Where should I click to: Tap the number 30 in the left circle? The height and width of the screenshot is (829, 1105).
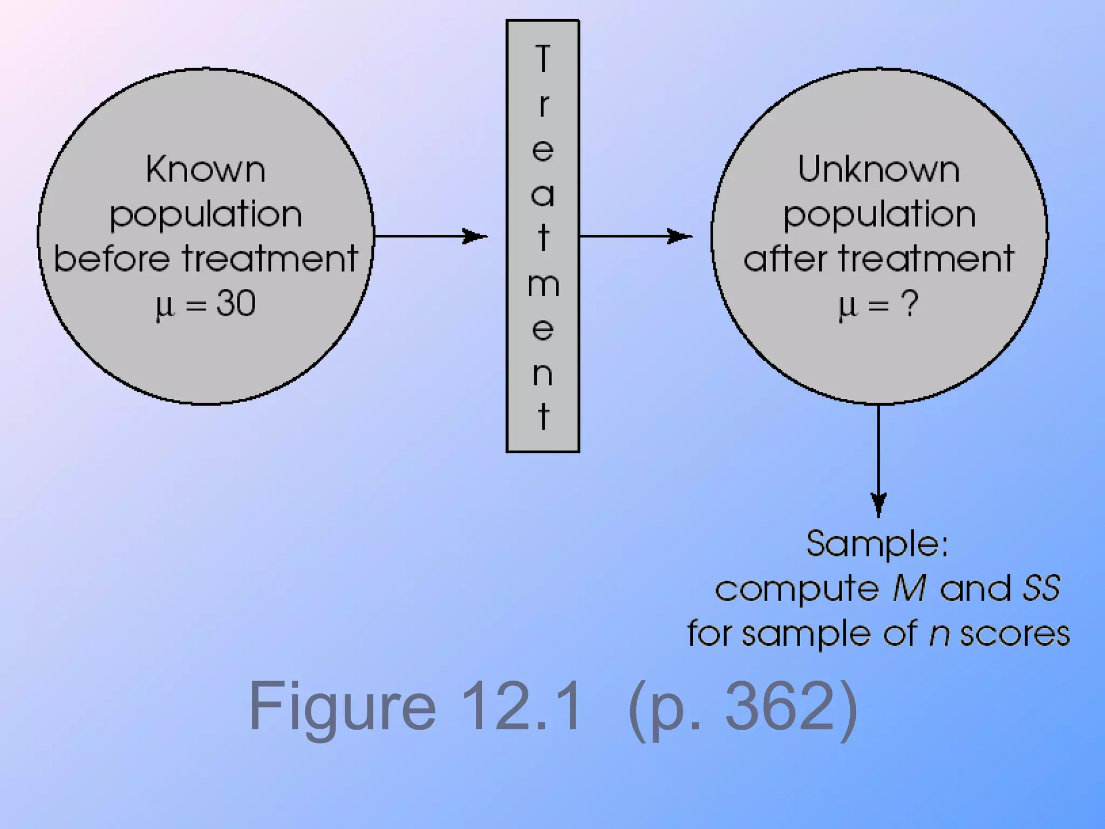tap(236, 303)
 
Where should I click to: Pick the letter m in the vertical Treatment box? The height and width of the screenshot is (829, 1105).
tap(543, 284)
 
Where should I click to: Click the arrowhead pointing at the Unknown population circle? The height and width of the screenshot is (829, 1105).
tap(680, 236)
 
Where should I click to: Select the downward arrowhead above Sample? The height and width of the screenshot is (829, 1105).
tap(879, 504)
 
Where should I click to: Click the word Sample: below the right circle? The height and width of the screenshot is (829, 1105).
tap(877, 544)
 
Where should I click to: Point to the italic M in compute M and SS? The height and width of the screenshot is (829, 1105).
tap(909, 588)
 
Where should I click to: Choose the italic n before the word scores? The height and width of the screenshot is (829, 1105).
tap(939, 634)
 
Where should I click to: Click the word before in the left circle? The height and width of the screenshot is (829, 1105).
tap(113, 258)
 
